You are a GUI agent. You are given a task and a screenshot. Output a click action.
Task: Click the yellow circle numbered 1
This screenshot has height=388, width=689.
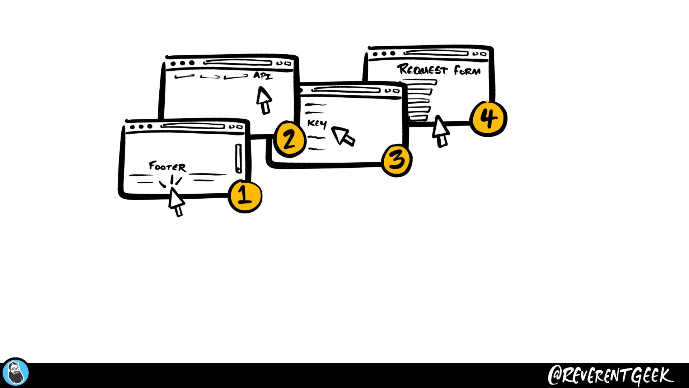[245, 196]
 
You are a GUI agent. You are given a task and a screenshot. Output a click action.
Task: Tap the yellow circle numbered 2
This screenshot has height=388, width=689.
[290, 139]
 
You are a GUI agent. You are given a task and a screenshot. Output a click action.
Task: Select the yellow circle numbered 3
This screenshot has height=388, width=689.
[397, 160]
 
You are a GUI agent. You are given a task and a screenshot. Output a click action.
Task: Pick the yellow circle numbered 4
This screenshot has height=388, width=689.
[488, 118]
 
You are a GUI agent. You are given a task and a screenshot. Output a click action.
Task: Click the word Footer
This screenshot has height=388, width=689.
[167, 166]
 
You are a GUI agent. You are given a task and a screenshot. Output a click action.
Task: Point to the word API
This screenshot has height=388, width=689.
[263, 76]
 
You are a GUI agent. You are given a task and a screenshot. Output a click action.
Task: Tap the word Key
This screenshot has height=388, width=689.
[317, 124]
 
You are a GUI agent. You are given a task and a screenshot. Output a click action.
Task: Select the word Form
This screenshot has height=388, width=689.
[467, 70]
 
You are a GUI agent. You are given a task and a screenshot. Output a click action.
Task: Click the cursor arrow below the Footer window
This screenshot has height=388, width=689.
[176, 201]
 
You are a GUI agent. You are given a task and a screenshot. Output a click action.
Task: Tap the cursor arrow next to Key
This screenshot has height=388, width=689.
[343, 136]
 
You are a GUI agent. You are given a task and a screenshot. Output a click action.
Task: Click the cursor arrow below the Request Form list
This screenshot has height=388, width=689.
[440, 130]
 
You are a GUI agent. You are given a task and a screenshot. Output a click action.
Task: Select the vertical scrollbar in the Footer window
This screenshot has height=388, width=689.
[239, 158]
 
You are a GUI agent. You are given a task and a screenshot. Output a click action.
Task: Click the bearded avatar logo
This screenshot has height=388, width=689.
[15, 373]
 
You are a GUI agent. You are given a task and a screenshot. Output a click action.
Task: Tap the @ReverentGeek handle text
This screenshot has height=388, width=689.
[610, 376]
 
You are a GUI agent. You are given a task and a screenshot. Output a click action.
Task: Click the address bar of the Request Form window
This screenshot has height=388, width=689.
[436, 54]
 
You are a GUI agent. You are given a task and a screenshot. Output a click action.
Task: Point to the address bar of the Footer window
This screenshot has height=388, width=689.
[193, 126]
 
